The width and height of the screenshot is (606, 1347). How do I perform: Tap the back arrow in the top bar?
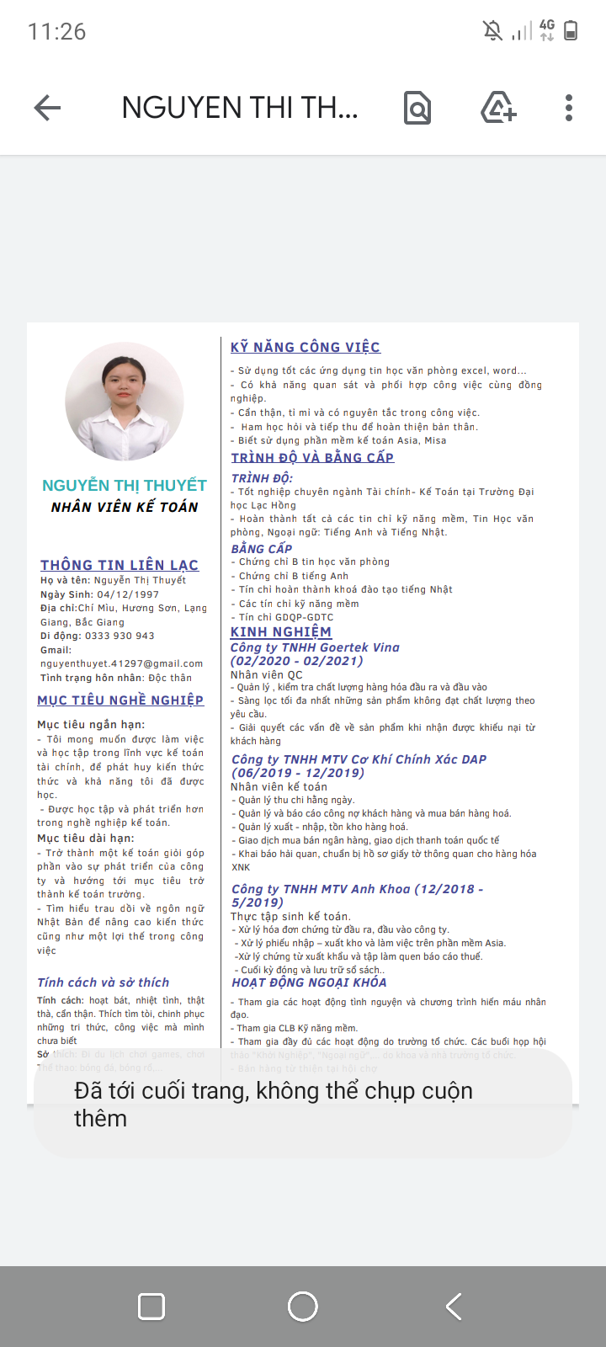coord(48,108)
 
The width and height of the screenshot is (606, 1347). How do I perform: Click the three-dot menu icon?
coord(569,108)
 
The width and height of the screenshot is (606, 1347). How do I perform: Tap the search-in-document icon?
coord(417,108)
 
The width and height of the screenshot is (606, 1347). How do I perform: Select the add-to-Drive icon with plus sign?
coord(498,108)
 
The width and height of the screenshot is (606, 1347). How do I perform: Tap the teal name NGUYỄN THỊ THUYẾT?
coord(125,486)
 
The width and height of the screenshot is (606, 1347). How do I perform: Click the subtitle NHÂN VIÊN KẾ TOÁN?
coord(125,507)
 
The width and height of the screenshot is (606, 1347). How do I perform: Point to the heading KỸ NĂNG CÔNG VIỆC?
coord(306,347)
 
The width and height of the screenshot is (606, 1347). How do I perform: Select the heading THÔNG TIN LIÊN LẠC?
coord(120,565)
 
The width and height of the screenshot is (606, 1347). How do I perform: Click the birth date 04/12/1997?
coord(128,594)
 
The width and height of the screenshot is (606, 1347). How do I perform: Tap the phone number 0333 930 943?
coord(121,636)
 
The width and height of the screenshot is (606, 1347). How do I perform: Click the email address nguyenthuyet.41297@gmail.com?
coord(121,663)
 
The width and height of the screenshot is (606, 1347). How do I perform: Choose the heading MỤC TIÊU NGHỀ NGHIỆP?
coord(120,700)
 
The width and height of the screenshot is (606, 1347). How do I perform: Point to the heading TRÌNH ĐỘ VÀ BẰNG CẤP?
coord(313,458)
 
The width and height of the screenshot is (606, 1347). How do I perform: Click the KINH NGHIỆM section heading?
coord(281,632)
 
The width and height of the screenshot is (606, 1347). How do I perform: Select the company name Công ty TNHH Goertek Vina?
coord(315,647)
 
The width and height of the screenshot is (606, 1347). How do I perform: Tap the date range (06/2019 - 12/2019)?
coord(298,773)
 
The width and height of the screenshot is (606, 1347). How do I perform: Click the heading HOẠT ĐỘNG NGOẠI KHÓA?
coord(309,982)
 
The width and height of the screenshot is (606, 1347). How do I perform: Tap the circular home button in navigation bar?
coord(303,1307)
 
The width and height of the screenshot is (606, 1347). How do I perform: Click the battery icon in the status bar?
coord(571,31)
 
